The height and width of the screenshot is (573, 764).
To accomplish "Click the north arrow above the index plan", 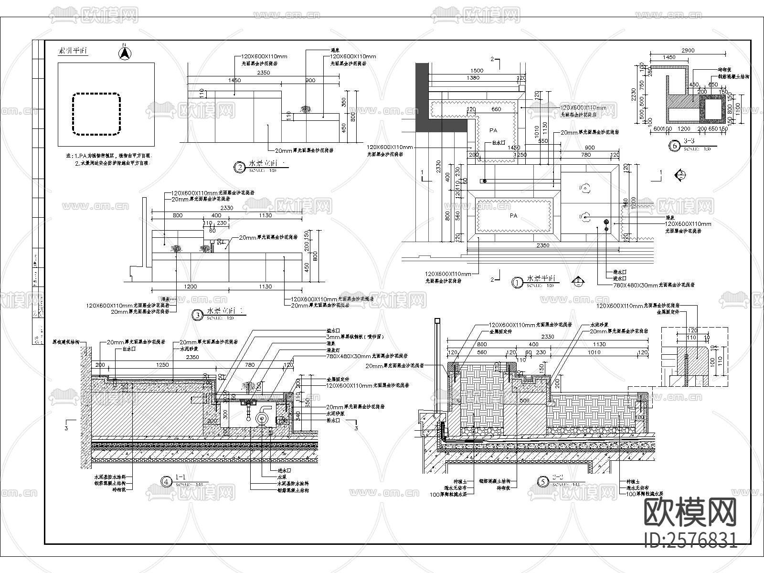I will pyautogui.click(x=124, y=52).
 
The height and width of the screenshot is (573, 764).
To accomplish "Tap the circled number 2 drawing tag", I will pyautogui.click(x=239, y=167).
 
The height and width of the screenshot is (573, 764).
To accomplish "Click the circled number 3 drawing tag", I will pyautogui.click(x=197, y=315).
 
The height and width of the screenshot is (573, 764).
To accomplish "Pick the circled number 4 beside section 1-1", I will pyautogui.click(x=166, y=482).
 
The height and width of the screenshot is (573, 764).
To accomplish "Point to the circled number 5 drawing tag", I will pyautogui.click(x=543, y=482).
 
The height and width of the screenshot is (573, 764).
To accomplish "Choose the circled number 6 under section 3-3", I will pyautogui.click(x=674, y=146).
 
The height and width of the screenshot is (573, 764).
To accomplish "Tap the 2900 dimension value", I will pyautogui.click(x=688, y=51).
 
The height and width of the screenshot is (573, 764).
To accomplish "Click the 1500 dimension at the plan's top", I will pyautogui.click(x=477, y=71).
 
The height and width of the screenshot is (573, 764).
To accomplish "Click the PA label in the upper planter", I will pyautogui.click(x=493, y=130).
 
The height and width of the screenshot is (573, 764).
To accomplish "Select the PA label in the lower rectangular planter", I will pyautogui.click(x=513, y=216).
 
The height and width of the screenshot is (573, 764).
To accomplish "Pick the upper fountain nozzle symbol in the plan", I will pyautogui.click(x=584, y=189).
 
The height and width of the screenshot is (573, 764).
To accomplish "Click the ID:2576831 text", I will pyautogui.click(x=690, y=540).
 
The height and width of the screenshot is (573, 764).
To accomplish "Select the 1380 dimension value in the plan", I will pyautogui.click(x=473, y=78).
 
